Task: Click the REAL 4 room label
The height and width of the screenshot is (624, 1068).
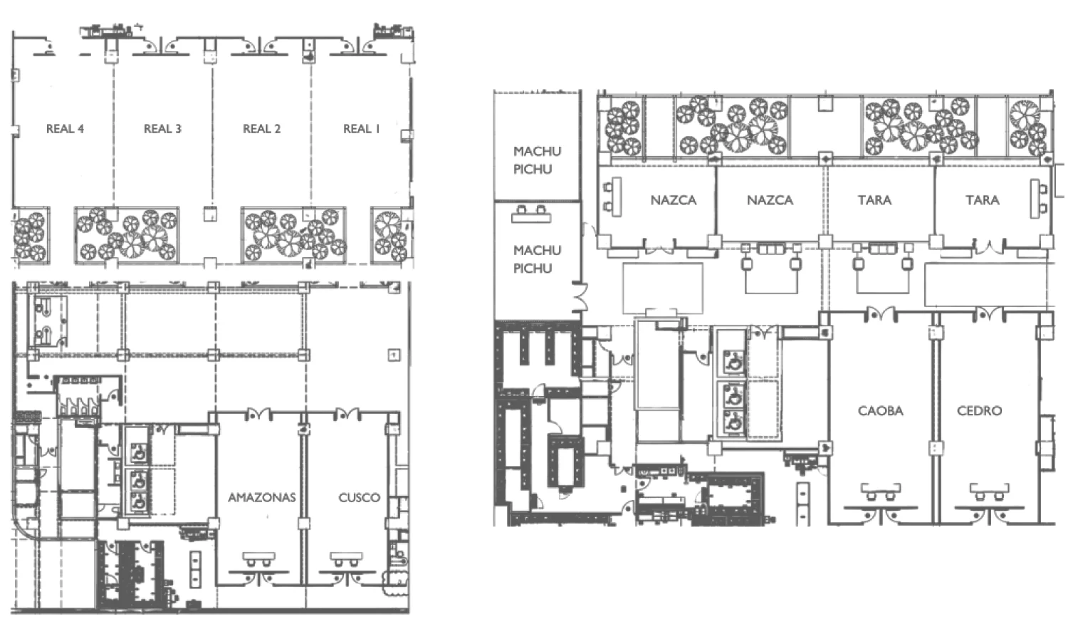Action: tap(65, 129)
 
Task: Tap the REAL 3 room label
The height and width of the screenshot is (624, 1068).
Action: tap(162, 129)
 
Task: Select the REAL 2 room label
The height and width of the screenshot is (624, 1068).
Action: tap(262, 129)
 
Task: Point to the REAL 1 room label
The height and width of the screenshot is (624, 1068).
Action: tap(362, 129)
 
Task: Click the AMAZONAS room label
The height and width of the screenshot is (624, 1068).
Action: tap(262, 498)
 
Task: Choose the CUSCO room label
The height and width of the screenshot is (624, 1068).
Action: tap(359, 498)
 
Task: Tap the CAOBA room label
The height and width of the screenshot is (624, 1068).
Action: tap(880, 411)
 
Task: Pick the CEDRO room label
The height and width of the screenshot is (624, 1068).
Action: tap(979, 411)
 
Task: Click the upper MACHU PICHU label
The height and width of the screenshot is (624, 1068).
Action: tap(537, 160)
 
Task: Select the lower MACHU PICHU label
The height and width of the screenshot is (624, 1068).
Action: tap(537, 259)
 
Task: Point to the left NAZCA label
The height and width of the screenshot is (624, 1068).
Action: tap(674, 200)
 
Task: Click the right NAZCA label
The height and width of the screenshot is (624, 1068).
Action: tap(770, 200)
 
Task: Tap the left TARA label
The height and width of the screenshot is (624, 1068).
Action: tap(874, 200)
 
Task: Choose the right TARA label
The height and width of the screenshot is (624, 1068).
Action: tap(982, 200)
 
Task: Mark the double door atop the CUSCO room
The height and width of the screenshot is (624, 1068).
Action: tap(347, 413)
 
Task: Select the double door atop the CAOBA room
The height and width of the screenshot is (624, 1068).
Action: tap(881, 313)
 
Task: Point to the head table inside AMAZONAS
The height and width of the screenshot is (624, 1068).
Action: tap(258, 556)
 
